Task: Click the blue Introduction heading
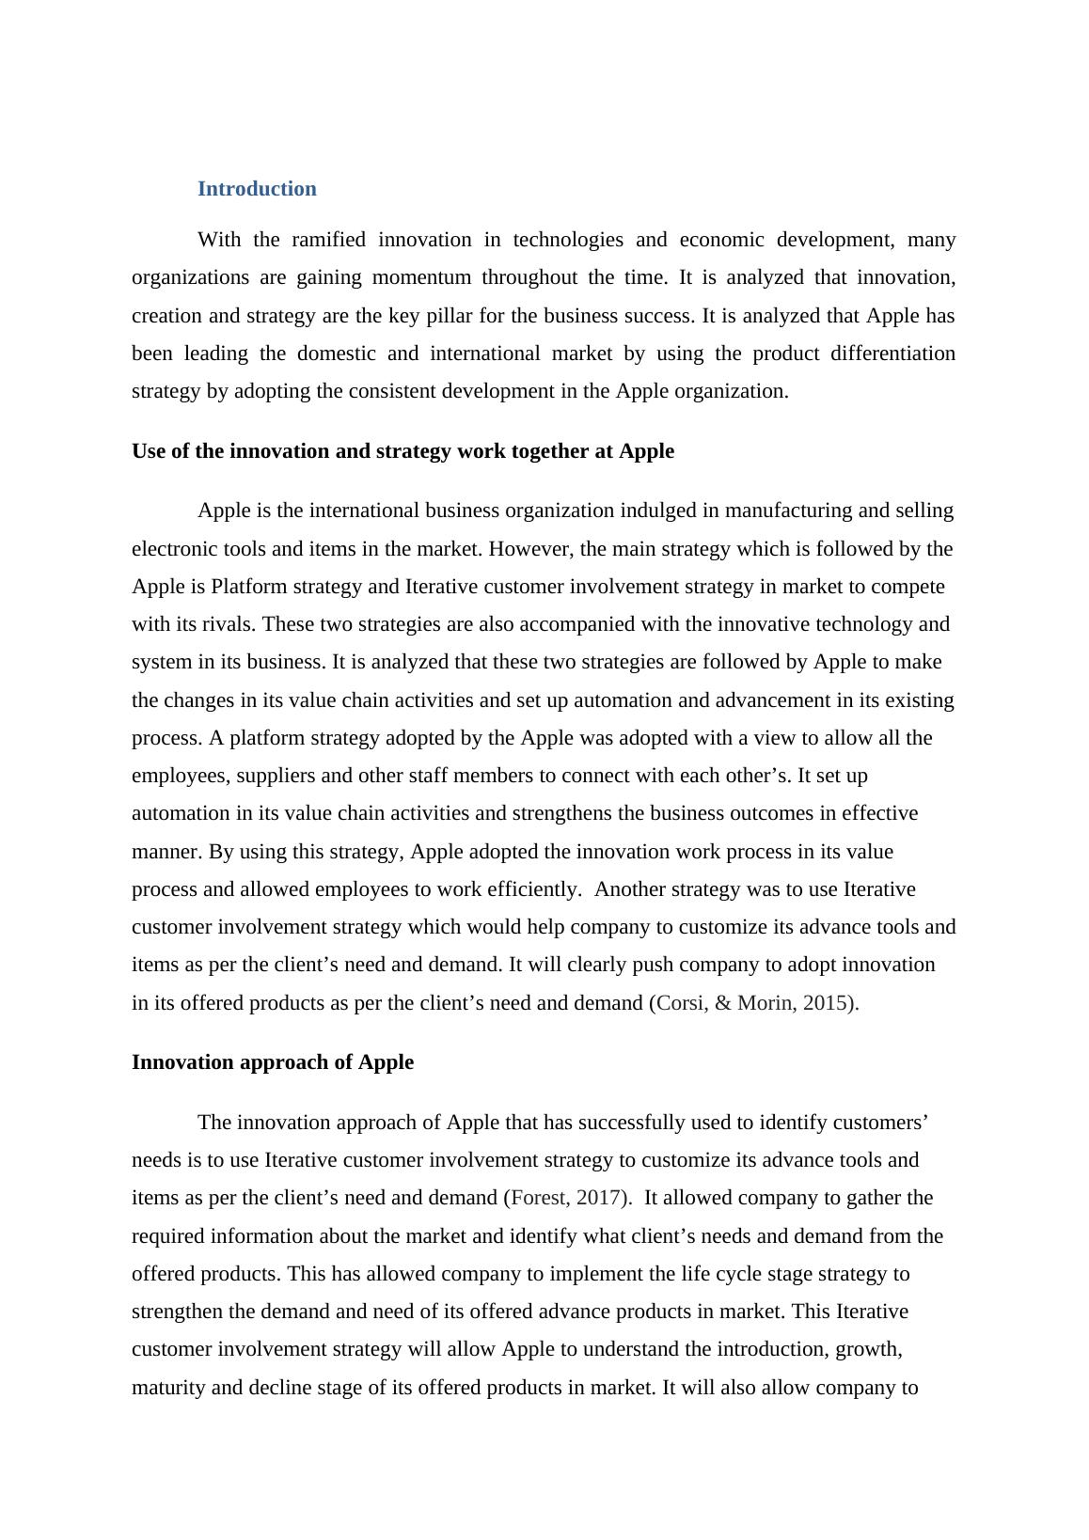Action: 257,189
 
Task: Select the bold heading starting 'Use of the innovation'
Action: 402,451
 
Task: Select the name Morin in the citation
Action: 764,1003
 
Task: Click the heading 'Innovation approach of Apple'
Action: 273,1062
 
